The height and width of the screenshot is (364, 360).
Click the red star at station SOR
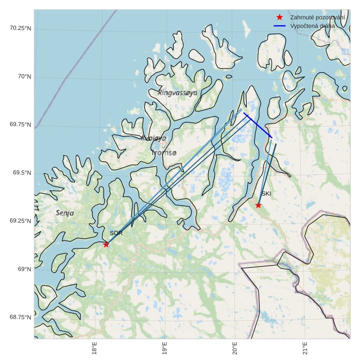(x=106, y=244)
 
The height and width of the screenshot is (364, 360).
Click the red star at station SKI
(x=259, y=205)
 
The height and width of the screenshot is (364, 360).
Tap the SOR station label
(x=116, y=233)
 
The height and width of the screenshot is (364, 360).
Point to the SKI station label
(x=266, y=193)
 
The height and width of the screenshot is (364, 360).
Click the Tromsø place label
(x=163, y=153)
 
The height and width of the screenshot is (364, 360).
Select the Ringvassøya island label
(x=178, y=92)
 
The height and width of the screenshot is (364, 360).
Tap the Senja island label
(x=65, y=213)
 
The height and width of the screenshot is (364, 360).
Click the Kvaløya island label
(x=154, y=138)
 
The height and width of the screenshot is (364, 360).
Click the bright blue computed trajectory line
(x=258, y=125)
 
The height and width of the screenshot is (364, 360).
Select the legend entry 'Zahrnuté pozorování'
(x=317, y=18)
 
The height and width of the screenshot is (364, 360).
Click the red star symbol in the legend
(x=279, y=18)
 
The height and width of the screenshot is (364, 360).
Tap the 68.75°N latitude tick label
(x=20, y=317)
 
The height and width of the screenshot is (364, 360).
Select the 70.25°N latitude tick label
(x=20, y=28)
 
